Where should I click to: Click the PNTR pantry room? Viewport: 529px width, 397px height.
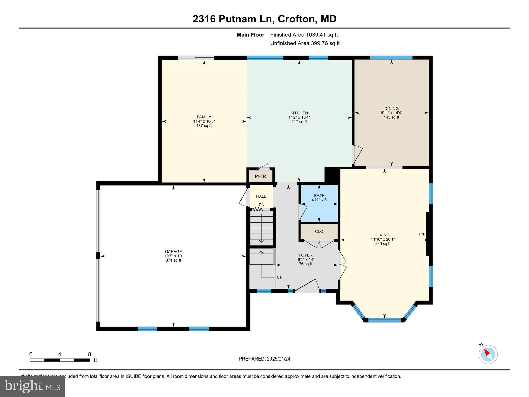(x=260, y=176)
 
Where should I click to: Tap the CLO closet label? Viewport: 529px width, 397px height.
(x=319, y=232)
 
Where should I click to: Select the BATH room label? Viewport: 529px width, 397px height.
(x=319, y=195)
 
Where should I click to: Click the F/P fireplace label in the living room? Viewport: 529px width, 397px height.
(x=422, y=234)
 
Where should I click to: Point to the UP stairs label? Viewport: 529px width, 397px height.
(x=279, y=277)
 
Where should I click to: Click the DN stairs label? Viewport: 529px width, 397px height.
(x=262, y=205)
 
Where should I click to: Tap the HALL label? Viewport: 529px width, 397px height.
(x=261, y=196)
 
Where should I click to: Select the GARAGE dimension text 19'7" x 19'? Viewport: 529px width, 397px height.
(x=173, y=256)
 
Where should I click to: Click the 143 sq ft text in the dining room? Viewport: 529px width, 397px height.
(x=391, y=117)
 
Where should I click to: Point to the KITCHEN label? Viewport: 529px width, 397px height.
(x=299, y=113)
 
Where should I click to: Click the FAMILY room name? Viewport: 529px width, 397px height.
(x=204, y=117)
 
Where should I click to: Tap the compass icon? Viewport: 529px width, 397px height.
(x=488, y=354)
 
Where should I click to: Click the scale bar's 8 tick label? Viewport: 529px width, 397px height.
(x=89, y=354)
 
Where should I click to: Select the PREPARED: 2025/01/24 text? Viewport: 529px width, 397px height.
(x=264, y=359)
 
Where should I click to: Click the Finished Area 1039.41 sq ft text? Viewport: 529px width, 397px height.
(x=304, y=35)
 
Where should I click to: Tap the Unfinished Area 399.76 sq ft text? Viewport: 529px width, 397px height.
(x=305, y=43)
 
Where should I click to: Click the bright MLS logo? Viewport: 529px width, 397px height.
(x=32, y=386)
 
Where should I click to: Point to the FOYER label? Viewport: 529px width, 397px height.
(x=305, y=255)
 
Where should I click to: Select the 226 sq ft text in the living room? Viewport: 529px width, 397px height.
(x=383, y=243)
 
